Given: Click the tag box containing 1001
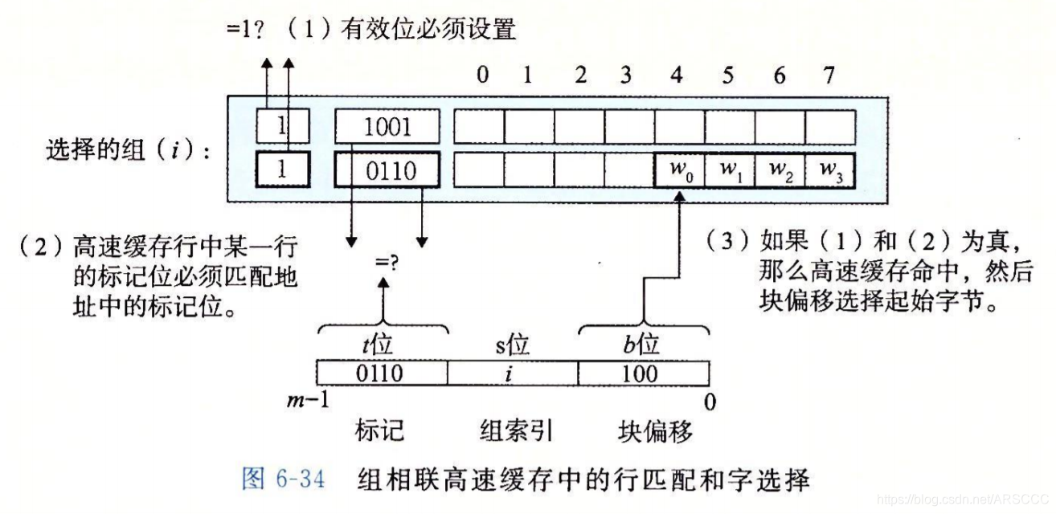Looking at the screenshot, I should (387, 127).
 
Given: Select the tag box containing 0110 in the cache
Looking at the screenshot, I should (387, 170).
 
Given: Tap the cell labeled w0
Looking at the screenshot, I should (680, 170).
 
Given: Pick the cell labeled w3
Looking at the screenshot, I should (830, 170).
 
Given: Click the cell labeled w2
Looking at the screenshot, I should (780, 170).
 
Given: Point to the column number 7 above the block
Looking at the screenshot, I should (829, 75).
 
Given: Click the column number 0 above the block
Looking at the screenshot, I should (482, 75).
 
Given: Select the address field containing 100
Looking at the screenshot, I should (642, 373).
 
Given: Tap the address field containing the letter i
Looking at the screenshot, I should (512, 373).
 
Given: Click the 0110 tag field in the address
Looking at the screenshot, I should (382, 373).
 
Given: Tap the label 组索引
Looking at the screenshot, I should (513, 431).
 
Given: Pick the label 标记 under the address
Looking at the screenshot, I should (379, 431).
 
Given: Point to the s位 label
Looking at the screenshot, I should (512, 345).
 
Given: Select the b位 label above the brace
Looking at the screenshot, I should (643, 345).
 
